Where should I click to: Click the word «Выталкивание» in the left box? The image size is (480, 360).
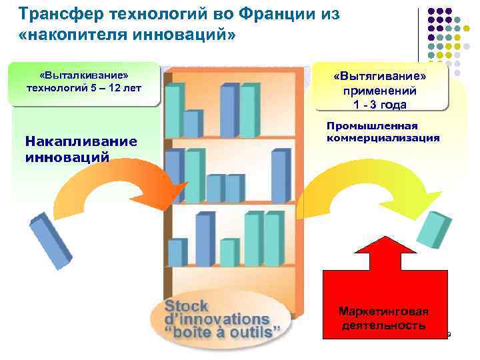(83, 75)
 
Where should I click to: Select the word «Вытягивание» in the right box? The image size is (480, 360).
(380, 77)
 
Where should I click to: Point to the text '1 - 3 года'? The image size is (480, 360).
(380, 104)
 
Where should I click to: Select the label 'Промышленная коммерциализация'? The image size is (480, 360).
(383, 132)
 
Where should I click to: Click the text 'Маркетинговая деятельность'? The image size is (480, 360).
(383, 319)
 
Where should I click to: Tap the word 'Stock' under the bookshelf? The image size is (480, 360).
(187, 307)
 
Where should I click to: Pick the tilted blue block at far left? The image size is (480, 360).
(51, 240)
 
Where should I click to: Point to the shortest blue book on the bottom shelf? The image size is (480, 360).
(175, 253)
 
